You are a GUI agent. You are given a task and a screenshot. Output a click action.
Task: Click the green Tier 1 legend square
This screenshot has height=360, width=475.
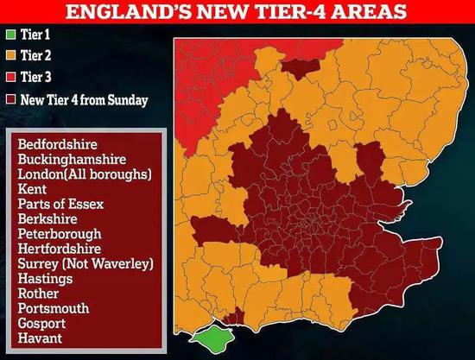(11, 36)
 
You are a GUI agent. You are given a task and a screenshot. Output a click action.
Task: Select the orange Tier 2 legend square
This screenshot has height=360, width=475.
(11, 57)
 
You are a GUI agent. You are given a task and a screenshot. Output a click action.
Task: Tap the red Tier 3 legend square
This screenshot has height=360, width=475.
(11, 79)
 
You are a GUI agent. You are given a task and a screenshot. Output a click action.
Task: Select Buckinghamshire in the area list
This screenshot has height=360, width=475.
(72, 159)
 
